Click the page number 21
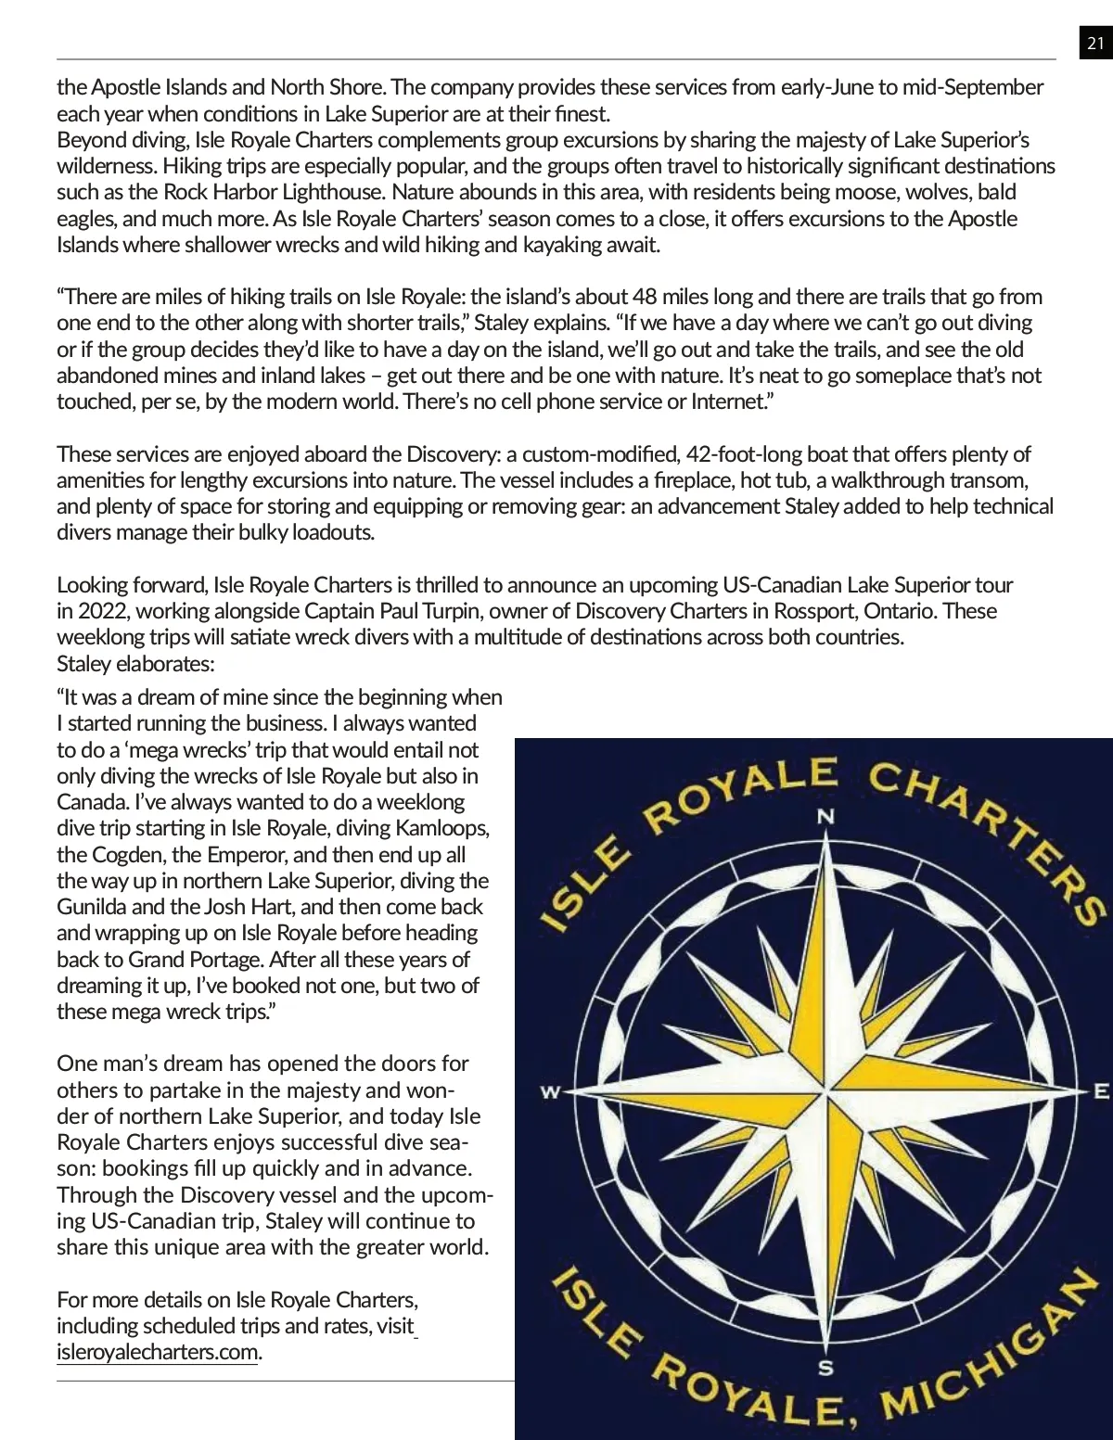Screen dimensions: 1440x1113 coord(1095,44)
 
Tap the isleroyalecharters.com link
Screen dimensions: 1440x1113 coord(157,1352)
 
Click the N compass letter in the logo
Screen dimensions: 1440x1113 coord(825,817)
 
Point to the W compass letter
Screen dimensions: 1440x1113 coord(551,1092)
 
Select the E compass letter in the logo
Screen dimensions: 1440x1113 coord(1101,1091)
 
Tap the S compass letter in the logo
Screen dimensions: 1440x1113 coord(825,1368)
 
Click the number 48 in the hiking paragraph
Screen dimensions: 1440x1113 coord(645,297)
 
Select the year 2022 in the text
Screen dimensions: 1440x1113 coord(104,611)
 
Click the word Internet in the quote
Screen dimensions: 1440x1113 coord(729,401)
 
